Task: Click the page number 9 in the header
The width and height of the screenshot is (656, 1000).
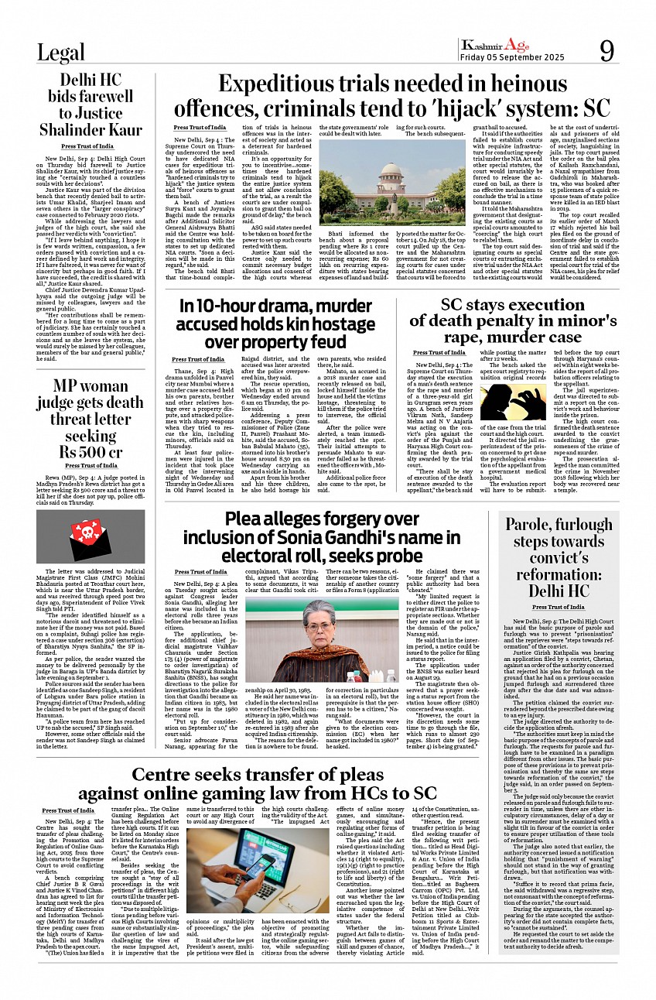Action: pos(606,49)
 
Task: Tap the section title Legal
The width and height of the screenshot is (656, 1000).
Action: pos(61,53)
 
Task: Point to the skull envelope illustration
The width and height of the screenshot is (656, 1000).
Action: pos(90,537)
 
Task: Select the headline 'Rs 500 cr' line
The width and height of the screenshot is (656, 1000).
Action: pos(91,452)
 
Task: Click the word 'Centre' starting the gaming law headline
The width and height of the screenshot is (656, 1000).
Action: pos(172,774)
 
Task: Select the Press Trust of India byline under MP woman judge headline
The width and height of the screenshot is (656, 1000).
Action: pos(91,466)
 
